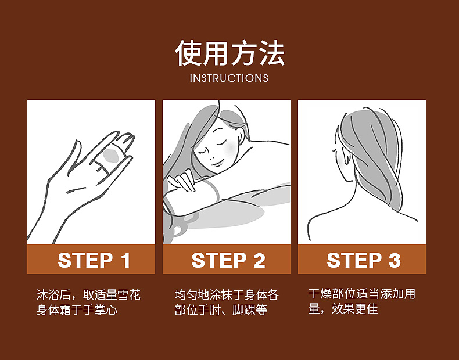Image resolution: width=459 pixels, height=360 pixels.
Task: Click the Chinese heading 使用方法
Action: pos(230,53)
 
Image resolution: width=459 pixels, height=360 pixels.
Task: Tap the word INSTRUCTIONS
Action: pos(229,78)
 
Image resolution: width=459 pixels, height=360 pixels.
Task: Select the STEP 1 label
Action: pos(94,260)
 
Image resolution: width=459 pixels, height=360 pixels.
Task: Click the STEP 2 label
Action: pos(228,260)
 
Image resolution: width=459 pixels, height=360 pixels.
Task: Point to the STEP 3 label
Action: pos(364,260)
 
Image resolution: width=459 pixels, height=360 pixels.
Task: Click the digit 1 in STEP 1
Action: pos(125,260)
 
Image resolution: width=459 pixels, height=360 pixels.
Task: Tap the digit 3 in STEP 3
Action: pos(395,260)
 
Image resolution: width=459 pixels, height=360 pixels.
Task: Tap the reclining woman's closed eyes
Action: pos(212,147)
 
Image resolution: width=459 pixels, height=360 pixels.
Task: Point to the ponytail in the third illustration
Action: pos(378,158)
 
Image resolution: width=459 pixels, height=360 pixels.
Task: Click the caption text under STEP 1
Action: pos(88,303)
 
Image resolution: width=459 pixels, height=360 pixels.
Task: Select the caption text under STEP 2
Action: pos(227,303)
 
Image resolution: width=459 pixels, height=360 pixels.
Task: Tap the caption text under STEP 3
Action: pos(362,301)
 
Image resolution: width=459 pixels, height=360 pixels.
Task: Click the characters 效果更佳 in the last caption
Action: pos(354,309)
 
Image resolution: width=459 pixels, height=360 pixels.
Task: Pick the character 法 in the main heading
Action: pos(272,53)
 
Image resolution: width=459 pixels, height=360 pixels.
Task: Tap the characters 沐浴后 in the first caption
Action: pos(54,295)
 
